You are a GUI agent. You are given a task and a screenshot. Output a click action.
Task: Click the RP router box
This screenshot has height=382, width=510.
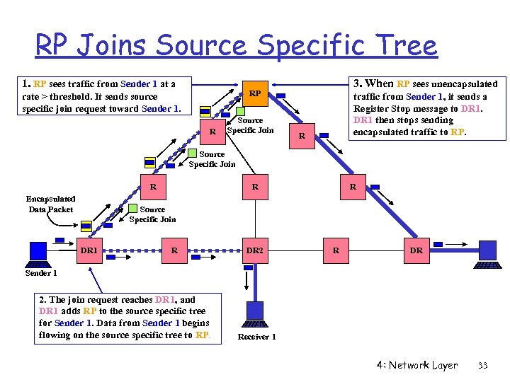(255, 93)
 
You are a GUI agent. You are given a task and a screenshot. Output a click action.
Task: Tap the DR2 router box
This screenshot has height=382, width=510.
(254, 250)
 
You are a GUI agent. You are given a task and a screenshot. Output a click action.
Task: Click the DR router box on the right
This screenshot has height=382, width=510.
(416, 250)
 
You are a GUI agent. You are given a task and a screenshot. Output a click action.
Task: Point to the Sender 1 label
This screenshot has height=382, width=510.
(41, 273)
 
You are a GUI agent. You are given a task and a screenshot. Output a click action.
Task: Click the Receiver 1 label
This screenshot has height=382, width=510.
(256, 337)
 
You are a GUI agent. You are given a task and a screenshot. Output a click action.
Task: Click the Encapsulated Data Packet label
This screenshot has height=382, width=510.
(52, 204)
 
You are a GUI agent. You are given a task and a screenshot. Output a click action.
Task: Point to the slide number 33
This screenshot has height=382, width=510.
(483, 366)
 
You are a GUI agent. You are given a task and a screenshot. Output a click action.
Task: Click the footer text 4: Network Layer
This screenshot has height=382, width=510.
(417, 366)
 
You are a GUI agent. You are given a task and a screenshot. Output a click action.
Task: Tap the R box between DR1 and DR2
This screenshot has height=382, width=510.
(174, 250)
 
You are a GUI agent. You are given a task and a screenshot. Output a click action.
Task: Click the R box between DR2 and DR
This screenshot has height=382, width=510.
(336, 250)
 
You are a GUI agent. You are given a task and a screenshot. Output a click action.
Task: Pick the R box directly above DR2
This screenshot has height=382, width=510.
(254, 187)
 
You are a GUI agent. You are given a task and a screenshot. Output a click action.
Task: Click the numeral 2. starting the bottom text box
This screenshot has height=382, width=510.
(43, 299)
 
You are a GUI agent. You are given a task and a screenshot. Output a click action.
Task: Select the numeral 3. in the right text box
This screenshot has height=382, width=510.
(358, 83)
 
